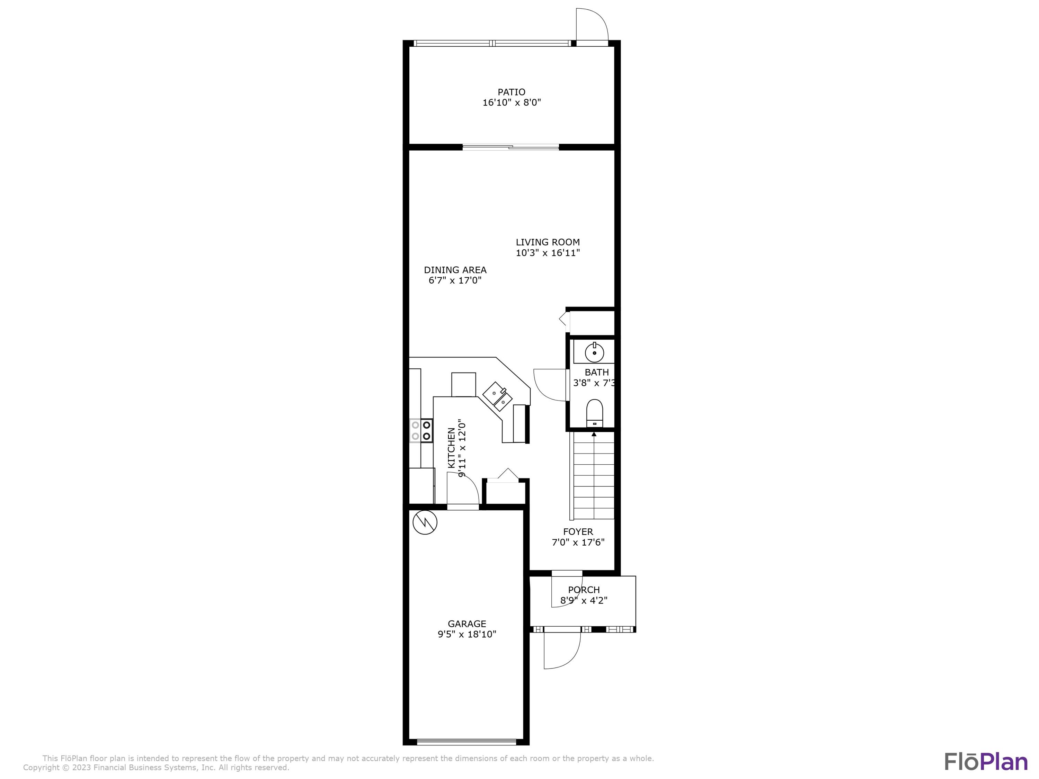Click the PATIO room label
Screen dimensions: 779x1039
(x=512, y=92)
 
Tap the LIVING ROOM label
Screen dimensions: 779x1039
(x=548, y=242)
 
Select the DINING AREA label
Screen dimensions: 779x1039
(x=455, y=270)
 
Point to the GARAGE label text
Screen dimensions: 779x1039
(x=467, y=624)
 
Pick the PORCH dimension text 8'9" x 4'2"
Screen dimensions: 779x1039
(x=584, y=600)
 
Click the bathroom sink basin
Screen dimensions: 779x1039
(x=594, y=353)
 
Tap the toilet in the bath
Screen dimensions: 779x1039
(x=594, y=413)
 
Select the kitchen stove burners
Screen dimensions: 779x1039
(x=421, y=431)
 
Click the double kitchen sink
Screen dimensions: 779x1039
(x=497, y=396)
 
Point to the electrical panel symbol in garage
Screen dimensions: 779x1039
(x=425, y=522)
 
